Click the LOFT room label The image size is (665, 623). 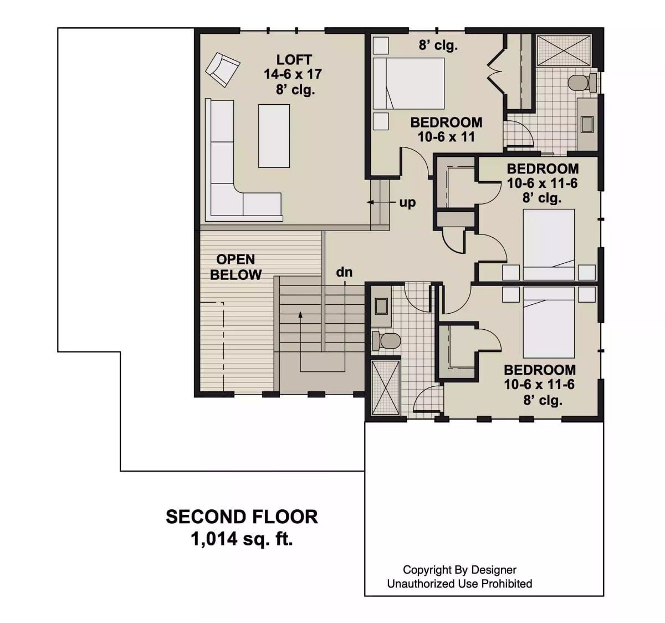click(294, 59)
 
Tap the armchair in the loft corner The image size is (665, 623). click(222, 69)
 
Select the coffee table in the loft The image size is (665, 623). click(274, 136)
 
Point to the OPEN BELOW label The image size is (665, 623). click(236, 267)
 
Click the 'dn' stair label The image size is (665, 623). click(344, 272)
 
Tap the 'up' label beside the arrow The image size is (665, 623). click(407, 203)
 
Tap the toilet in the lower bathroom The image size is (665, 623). click(387, 340)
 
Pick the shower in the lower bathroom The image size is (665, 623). click(385, 387)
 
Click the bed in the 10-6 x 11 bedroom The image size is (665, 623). click(409, 83)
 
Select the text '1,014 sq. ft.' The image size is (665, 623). click(242, 538)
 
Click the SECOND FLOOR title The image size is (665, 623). click(242, 517)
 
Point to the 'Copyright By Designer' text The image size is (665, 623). click(459, 569)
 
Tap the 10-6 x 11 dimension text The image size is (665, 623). click(446, 137)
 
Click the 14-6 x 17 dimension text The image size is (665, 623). click(293, 74)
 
